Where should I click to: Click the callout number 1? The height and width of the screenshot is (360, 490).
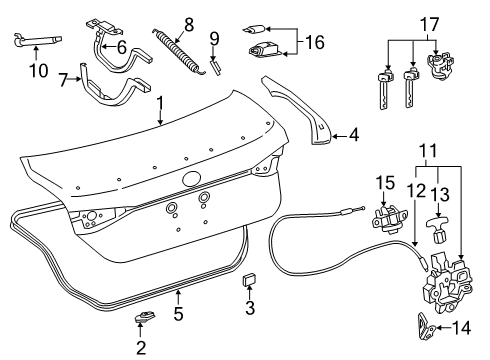click(x=160, y=126)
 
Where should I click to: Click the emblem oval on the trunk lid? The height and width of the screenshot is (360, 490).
click(x=190, y=179)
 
